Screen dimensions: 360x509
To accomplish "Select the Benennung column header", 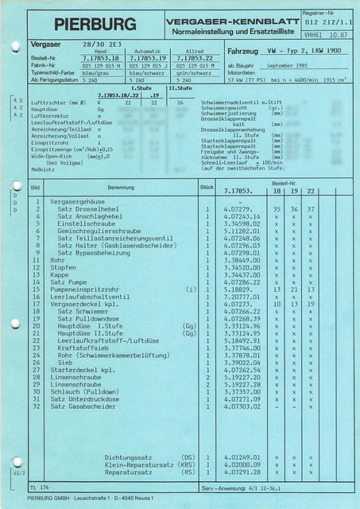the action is [x=120, y=188].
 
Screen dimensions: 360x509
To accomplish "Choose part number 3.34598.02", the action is [x=242, y=223].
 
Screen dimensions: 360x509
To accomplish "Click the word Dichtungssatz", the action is [x=130, y=457].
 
